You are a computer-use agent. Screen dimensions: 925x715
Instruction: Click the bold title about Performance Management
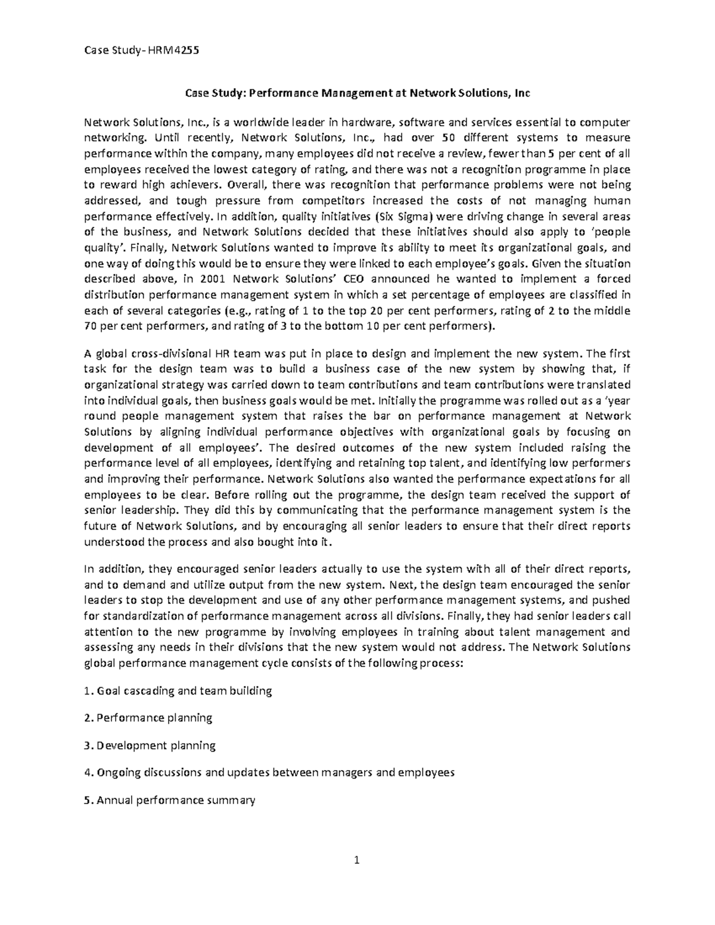pyautogui.click(x=357, y=93)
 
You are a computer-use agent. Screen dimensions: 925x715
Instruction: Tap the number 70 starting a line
pyautogui.click(x=92, y=326)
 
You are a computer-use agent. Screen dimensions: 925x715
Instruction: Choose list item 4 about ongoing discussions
pyautogui.click(x=270, y=773)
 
